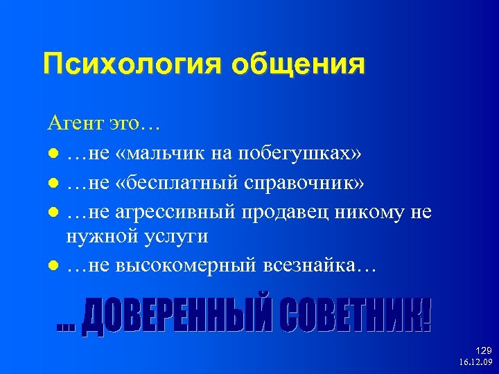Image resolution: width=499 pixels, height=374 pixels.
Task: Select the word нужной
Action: tap(100, 235)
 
